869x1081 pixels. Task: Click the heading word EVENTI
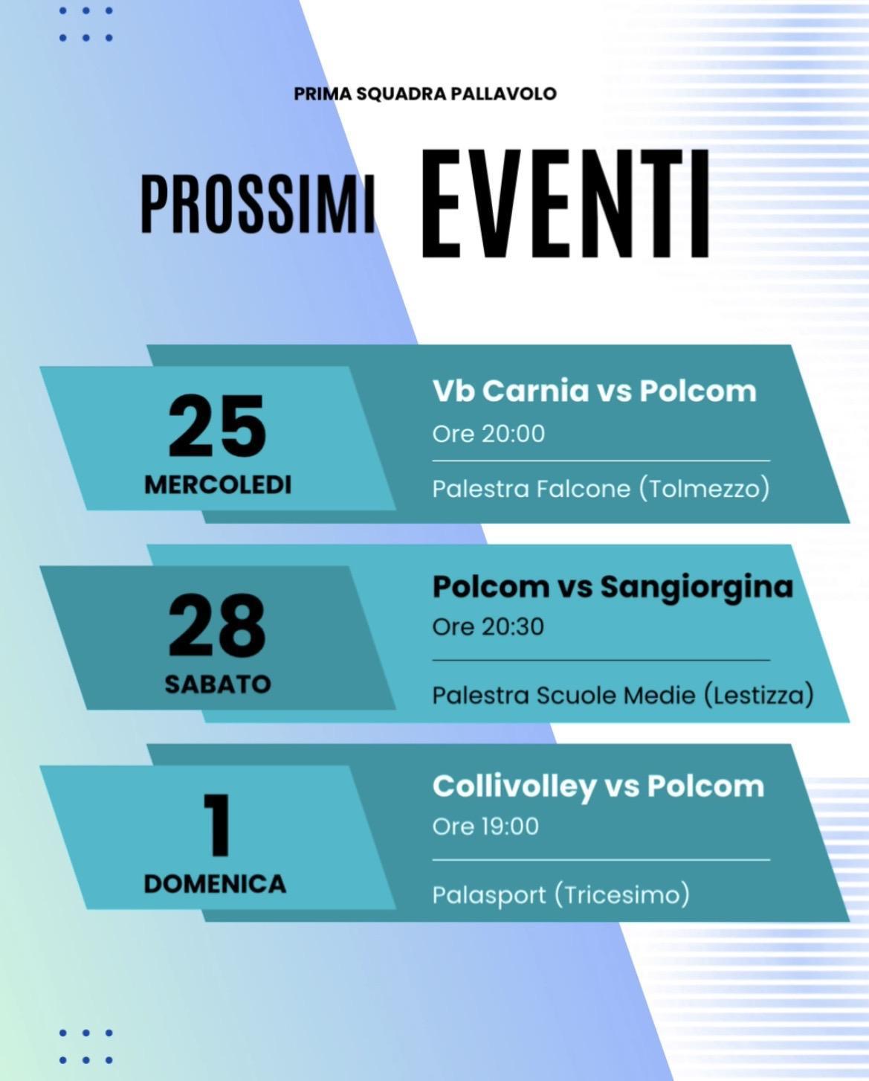(565, 204)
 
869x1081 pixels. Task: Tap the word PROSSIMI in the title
(257, 204)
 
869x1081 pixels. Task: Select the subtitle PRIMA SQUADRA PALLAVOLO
(425, 94)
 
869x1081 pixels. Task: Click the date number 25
(216, 427)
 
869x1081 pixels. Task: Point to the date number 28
(216, 626)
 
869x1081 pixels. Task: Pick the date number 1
(218, 825)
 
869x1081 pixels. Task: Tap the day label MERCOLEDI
(218, 484)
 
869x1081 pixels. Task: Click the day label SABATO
(218, 684)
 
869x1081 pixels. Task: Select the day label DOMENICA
(215, 883)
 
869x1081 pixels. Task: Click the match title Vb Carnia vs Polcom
(594, 391)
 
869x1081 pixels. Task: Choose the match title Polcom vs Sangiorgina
(613, 587)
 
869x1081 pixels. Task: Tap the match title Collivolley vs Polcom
(598, 786)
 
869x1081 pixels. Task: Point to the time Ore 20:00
(488, 433)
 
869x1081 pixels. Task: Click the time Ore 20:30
(488, 626)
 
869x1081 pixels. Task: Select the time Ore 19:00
(485, 826)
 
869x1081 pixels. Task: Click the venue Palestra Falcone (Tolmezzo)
(601, 489)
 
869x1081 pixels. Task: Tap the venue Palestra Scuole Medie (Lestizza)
(623, 695)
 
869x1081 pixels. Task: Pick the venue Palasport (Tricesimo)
(561, 894)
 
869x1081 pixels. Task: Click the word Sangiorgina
(697, 587)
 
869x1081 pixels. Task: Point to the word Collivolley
(514, 786)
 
